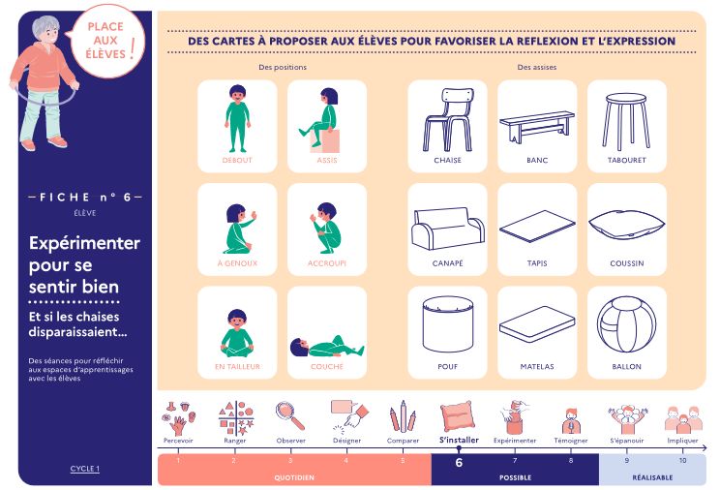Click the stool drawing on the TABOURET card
click(626, 122)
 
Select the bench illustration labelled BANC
click(537, 127)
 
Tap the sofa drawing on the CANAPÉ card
click(448, 229)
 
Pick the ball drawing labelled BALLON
click(626, 324)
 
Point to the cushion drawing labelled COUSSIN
click(626, 224)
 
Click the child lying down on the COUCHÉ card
click(327, 347)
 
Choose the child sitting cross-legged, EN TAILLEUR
click(237, 333)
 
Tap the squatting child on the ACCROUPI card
click(326, 228)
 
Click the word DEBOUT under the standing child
click(237, 161)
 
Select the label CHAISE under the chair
click(448, 161)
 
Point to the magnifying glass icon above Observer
click(290, 416)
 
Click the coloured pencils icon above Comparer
click(403, 416)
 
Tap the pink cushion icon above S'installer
click(458, 416)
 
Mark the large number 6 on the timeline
click(459, 463)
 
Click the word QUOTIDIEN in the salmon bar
click(294, 477)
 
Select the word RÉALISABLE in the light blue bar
click(652, 477)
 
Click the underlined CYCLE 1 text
click(85, 469)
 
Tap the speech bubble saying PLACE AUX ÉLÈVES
click(108, 42)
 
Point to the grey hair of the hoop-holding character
click(45, 25)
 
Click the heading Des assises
click(537, 67)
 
